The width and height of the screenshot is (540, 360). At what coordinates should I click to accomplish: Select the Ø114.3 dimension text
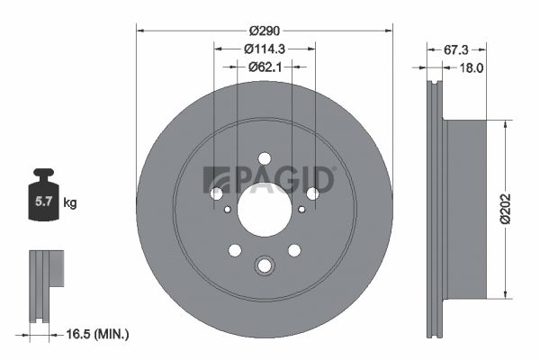265,49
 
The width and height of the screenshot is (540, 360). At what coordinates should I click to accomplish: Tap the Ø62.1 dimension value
265,66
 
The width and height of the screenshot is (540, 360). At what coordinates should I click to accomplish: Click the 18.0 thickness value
472,67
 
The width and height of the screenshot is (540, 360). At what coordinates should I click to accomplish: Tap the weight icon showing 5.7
42,200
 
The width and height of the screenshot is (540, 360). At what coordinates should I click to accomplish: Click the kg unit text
71,204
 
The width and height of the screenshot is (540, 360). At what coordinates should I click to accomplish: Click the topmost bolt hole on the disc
265,158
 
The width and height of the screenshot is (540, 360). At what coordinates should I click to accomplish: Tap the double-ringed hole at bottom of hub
265,265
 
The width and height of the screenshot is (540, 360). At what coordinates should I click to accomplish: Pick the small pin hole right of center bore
301,210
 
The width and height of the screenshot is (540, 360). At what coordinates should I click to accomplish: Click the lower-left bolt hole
235,251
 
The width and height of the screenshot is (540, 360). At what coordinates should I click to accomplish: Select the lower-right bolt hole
294,251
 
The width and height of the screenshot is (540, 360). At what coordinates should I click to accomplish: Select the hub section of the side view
466,209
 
